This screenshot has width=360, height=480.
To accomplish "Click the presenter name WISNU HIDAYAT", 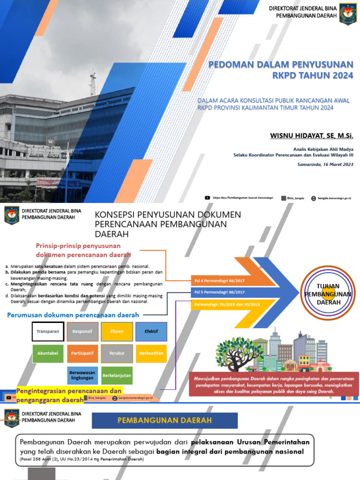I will pyautogui.click(x=311, y=135).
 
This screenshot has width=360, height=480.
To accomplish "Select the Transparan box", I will pyautogui.click(x=48, y=331).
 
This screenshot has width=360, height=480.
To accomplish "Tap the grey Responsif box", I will pyautogui.click(x=82, y=331).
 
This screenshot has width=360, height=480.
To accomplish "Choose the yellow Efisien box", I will pyautogui.click(x=117, y=331).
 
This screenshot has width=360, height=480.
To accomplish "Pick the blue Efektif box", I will pyautogui.click(x=151, y=331).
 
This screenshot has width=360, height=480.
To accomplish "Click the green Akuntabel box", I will pyautogui.click(x=48, y=353).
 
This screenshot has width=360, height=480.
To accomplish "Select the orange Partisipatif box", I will pyautogui.click(x=82, y=353).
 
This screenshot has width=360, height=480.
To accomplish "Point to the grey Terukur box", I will pyautogui.click(x=117, y=353).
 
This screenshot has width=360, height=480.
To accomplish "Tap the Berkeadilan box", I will pyautogui.click(x=151, y=353).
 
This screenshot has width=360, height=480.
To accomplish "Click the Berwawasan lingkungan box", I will pyautogui.click(x=82, y=375).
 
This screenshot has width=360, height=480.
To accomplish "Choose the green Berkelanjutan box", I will pyautogui.click(x=117, y=375).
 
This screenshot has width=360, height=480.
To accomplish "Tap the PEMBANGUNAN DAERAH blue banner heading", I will pyautogui.click(x=165, y=420).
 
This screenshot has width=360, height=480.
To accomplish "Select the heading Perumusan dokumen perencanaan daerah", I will pyautogui.click(x=73, y=315).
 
